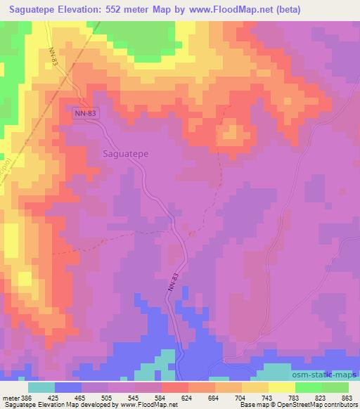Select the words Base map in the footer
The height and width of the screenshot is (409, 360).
pyautogui.click(x=251, y=405)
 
